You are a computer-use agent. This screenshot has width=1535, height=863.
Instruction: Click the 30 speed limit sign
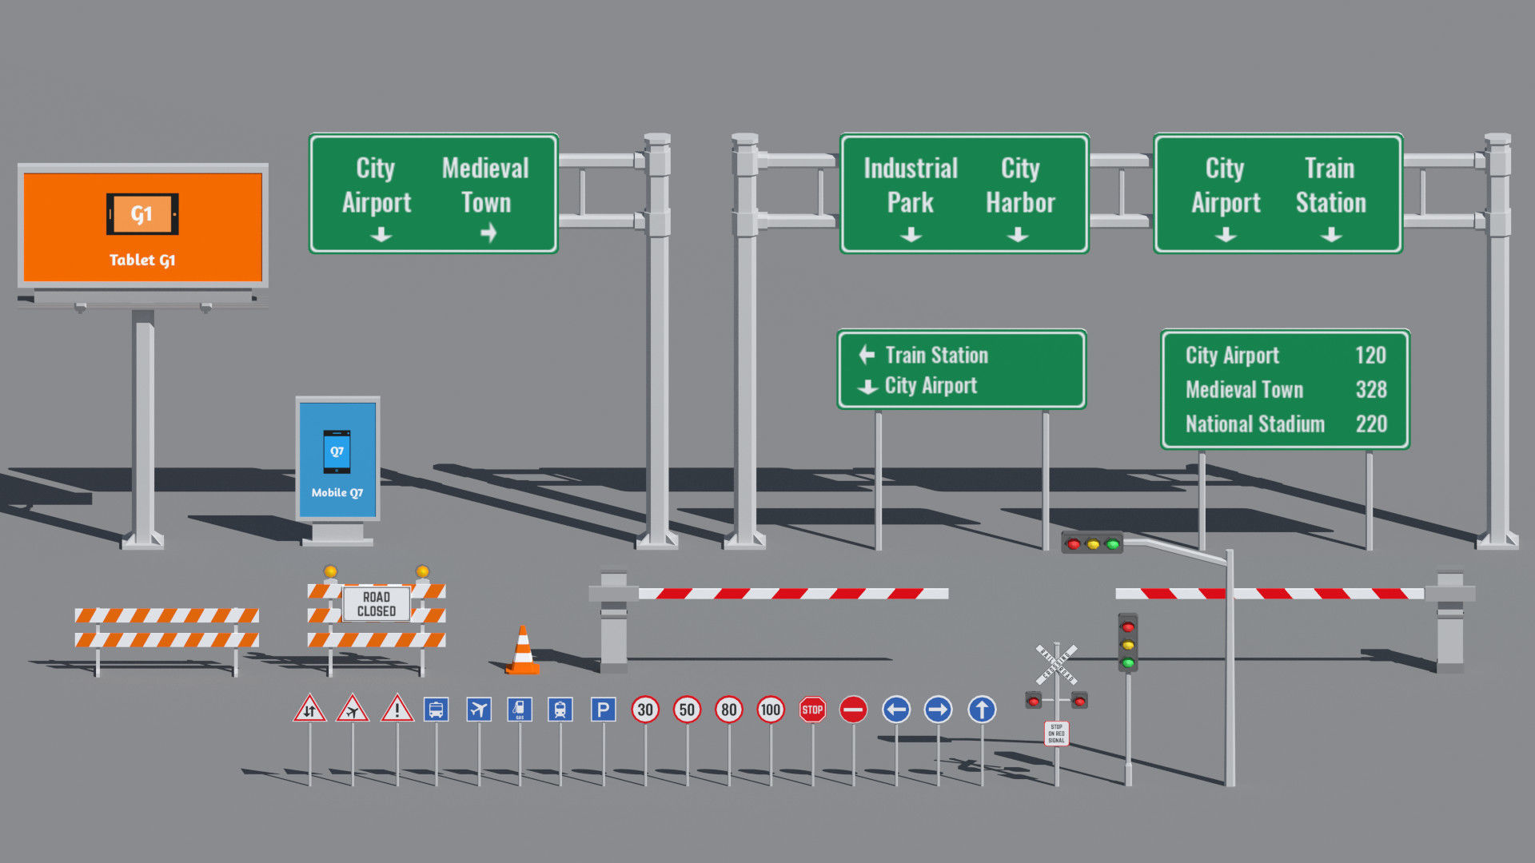[645, 710]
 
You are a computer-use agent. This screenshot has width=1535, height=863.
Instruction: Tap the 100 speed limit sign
[771, 710]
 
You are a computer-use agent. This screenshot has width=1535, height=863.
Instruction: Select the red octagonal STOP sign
[812, 710]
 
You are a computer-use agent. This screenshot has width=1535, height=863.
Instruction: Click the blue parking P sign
[603, 710]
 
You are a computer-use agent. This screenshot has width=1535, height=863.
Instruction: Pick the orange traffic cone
[523, 651]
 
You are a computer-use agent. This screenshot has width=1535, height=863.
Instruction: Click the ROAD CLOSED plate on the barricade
[377, 604]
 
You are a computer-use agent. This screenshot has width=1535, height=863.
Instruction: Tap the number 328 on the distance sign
[1371, 390]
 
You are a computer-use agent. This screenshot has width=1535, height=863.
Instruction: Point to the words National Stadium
[1255, 424]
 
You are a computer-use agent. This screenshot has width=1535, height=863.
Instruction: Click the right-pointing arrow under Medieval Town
[488, 233]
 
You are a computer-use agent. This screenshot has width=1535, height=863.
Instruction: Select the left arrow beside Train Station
[867, 355]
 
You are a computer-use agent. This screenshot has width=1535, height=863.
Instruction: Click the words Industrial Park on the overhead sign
[911, 185]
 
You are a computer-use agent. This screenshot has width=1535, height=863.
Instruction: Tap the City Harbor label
[1020, 185]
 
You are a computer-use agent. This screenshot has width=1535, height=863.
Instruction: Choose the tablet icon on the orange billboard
[142, 214]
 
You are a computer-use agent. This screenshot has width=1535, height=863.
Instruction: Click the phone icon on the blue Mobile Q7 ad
[337, 452]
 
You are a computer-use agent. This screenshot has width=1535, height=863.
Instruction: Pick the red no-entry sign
[854, 710]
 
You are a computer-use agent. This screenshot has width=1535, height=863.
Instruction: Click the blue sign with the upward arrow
[982, 710]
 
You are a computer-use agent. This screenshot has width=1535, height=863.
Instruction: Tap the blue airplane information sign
[479, 710]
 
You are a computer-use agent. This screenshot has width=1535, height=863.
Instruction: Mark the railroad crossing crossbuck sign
[1056, 664]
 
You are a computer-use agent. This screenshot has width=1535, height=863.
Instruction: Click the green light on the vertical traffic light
[1128, 662]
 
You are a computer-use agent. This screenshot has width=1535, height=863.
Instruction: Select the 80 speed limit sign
[729, 710]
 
